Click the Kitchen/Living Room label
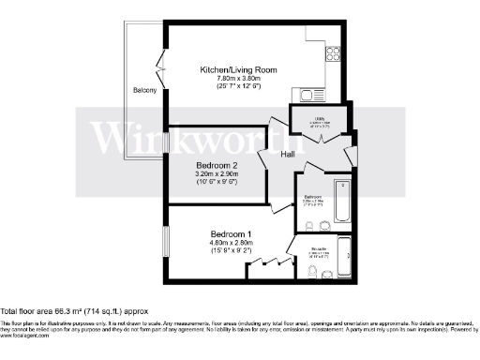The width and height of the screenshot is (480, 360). pyautogui.click(x=238, y=69)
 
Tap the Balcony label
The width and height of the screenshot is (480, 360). pyautogui.click(x=142, y=91)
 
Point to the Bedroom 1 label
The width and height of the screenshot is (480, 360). pyautogui.click(x=231, y=233)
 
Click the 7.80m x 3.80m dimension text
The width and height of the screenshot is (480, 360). pyautogui.click(x=238, y=81)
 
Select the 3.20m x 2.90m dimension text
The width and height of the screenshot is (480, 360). pyautogui.click(x=217, y=174)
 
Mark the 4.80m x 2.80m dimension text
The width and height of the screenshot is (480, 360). pyautogui.click(x=231, y=243)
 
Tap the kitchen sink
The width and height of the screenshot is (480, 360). pyautogui.click(x=308, y=93)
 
